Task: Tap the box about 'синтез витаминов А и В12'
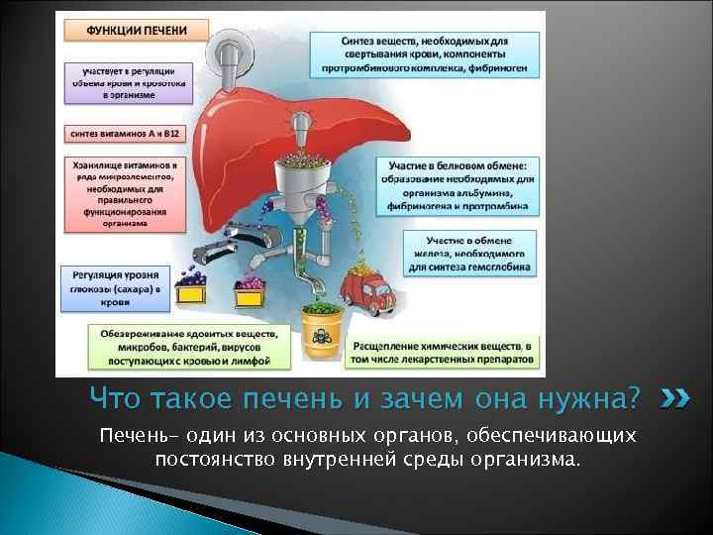click(123, 131)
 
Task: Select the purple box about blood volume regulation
click(123, 81)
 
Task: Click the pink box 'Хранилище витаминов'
click(124, 193)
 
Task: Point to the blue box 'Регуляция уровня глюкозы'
click(122, 288)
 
